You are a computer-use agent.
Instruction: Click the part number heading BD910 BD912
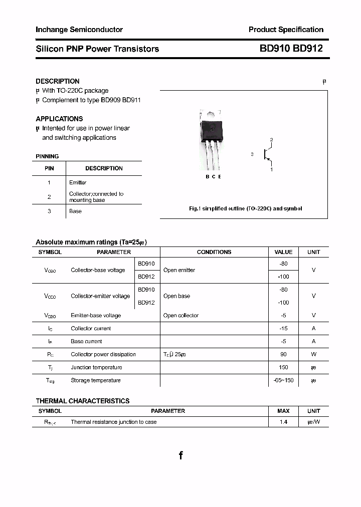(291, 49)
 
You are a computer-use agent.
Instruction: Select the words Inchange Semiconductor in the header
(79, 30)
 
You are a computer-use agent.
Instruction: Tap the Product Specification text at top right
(286, 30)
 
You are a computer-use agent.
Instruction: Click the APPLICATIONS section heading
(59, 119)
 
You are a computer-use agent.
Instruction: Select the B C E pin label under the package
(213, 177)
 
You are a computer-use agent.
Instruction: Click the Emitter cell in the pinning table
(78, 182)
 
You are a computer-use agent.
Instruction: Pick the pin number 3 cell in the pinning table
(49, 211)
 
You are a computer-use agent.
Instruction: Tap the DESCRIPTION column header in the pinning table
(104, 168)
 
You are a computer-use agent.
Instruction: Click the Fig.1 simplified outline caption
(245, 208)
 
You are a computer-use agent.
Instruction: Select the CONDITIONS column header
(214, 252)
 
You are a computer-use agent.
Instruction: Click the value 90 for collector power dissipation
(283, 354)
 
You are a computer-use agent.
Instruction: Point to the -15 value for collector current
(283, 328)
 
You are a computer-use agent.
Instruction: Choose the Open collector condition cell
(181, 315)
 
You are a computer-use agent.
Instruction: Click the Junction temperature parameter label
(96, 367)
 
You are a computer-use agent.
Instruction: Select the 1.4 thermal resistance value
(283, 422)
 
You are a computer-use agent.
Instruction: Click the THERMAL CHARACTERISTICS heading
(82, 401)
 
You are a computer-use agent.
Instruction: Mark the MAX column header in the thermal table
(283, 411)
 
